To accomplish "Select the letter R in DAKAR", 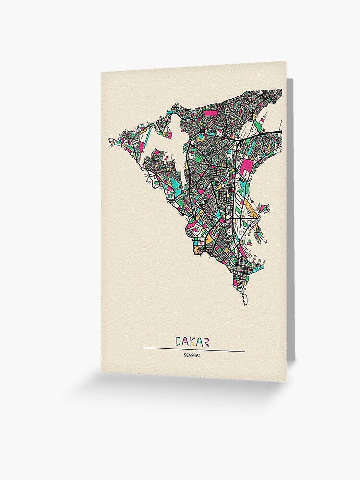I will (206, 342).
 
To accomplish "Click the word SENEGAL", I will (192, 356).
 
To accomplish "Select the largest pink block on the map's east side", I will (247, 166).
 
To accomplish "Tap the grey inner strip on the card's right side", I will (290, 216).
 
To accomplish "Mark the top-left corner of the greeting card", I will (102, 72).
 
